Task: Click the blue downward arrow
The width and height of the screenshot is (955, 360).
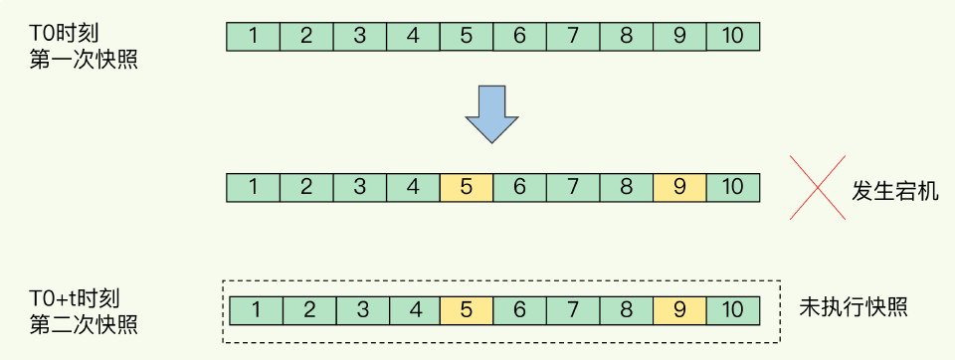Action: tap(490, 113)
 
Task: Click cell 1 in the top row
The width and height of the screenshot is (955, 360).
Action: tap(254, 37)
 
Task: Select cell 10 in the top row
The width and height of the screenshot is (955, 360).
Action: tap(733, 37)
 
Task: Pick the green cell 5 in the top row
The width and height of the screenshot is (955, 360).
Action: tap(467, 37)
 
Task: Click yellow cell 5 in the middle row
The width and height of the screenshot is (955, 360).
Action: tap(467, 186)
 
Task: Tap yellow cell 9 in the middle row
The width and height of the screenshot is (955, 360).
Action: tap(679, 186)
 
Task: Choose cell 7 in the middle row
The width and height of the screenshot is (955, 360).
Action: tap(573, 186)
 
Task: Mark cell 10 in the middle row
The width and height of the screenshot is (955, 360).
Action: tap(733, 186)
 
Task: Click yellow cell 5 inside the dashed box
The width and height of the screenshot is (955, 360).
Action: tap(467, 310)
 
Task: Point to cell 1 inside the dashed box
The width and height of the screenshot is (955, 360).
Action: tap(256, 310)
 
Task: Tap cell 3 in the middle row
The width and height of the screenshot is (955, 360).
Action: tap(360, 186)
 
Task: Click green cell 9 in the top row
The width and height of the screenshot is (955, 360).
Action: tap(679, 37)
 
